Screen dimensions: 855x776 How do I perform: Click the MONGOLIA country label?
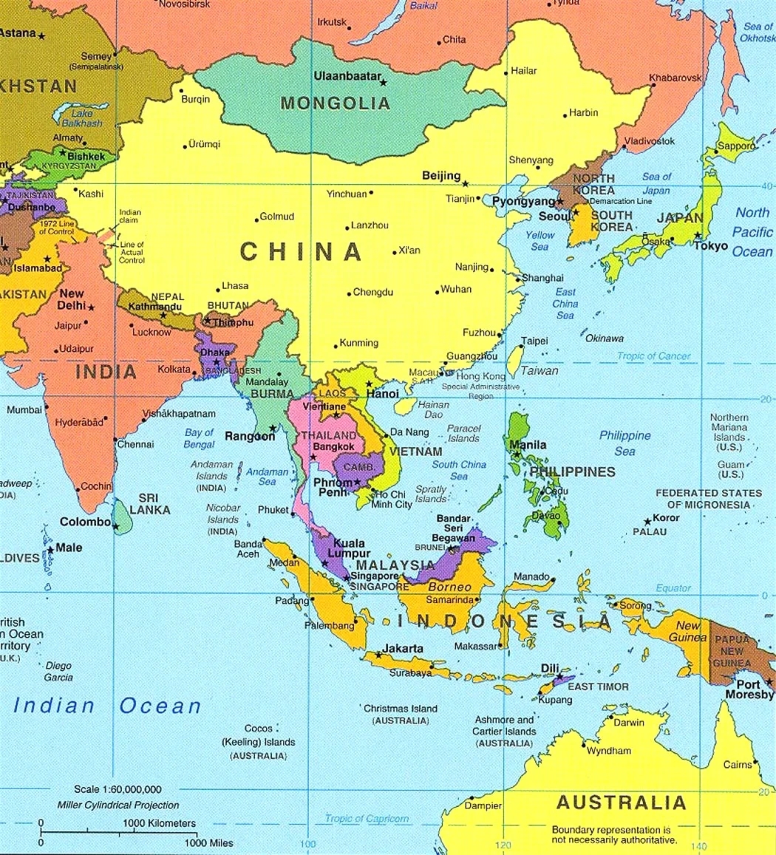[x=334, y=103]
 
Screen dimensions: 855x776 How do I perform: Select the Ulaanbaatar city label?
[x=347, y=76]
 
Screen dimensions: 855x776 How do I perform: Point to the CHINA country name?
[x=301, y=252]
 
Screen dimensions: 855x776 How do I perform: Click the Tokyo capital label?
[x=710, y=246]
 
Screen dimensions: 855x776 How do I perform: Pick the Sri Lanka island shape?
[x=123, y=517]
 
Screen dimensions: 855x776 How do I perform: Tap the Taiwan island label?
[x=540, y=371]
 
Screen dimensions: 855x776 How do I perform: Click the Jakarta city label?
[x=403, y=649]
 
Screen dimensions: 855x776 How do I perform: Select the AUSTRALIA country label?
[x=621, y=802]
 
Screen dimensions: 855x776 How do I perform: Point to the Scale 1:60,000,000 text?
[x=118, y=789]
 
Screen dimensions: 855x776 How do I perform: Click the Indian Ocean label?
[x=107, y=706]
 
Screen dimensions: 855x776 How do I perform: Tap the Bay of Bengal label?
[x=199, y=438]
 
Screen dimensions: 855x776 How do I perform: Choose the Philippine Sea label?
[x=624, y=443]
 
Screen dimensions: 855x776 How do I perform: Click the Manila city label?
[x=528, y=445]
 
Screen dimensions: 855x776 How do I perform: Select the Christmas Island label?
[x=400, y=709]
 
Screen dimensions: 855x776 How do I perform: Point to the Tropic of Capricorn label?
[x=367, y=819]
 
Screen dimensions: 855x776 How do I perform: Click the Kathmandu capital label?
[x=155, y=307]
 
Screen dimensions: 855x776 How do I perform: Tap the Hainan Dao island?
[x=405, y=406]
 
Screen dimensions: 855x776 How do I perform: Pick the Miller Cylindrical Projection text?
[x=118, y=805]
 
